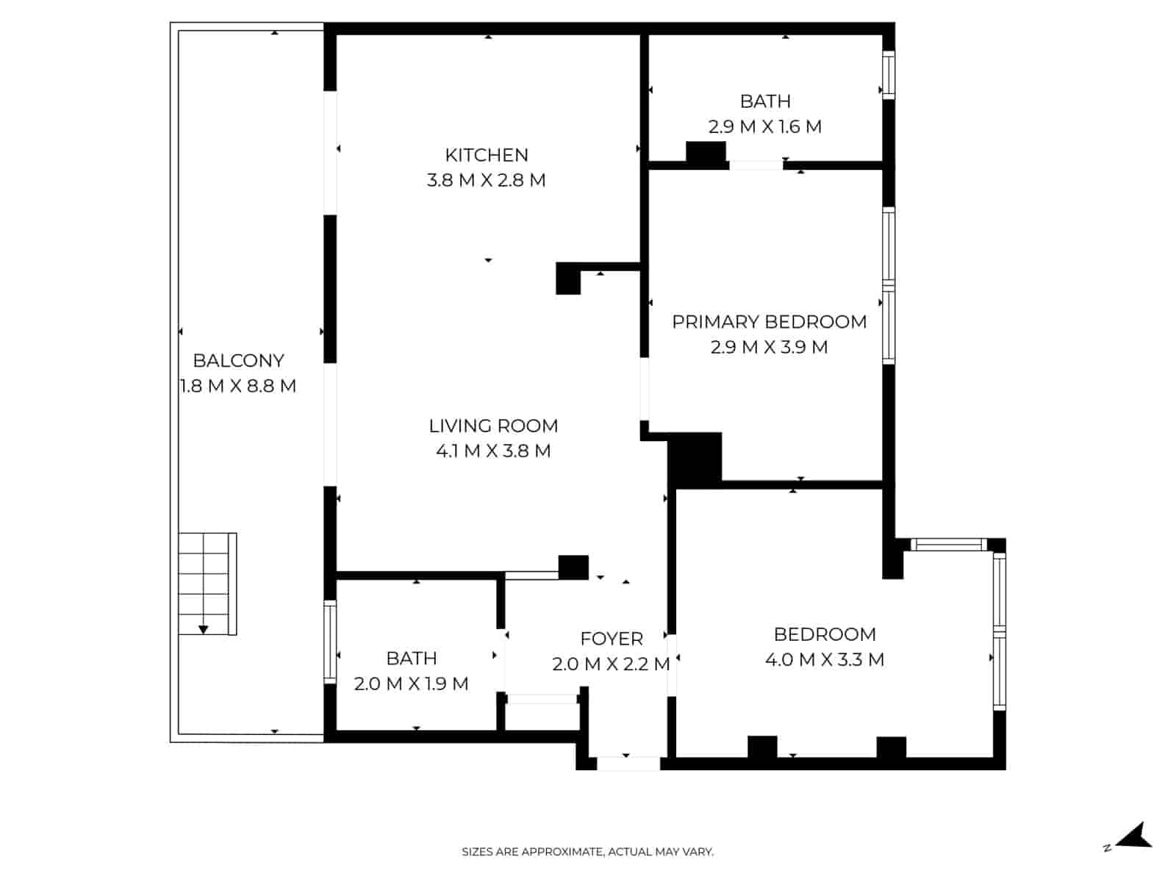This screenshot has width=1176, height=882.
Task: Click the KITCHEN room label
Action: tap(486, 155)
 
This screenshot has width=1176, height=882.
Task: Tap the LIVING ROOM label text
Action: tap(493, 426)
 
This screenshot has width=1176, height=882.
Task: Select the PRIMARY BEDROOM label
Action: tap(769, 322)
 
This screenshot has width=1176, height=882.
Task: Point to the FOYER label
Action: tap(612, 639)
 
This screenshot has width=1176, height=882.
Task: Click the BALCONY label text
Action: tap(238, 360)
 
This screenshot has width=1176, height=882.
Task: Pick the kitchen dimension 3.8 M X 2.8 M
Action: tap(486, 180)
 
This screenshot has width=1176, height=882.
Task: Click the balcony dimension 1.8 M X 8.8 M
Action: tap(238, 386)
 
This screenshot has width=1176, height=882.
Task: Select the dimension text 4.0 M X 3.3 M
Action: tap(825, 659)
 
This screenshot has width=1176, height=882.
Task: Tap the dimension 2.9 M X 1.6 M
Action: tap(764, 127)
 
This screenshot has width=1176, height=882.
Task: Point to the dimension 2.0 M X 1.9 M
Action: tap(411, 684)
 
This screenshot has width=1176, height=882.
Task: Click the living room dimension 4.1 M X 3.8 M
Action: tap(493, 451)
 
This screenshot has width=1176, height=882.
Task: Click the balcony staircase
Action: tap(207, 584)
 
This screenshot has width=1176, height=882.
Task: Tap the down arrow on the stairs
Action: tap(203, 628)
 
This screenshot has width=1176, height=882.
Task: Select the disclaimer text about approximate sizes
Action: tap(587, 852)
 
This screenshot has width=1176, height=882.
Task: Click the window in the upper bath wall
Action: tap(889, 74)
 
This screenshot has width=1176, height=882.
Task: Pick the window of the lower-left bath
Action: tap(330, 642)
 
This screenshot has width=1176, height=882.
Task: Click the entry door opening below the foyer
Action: tap(628, 764)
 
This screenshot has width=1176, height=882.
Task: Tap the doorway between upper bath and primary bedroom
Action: tap(756, 165)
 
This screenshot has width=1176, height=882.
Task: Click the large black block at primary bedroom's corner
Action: tap(695, 460)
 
